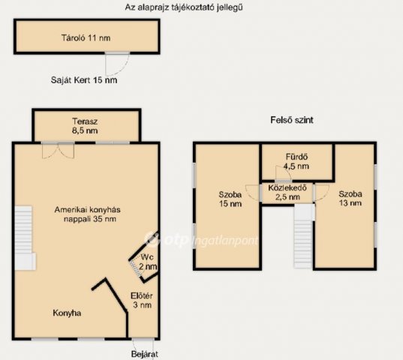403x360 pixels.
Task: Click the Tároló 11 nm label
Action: click(86, 38)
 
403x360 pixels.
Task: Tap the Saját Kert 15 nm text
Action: click(84, 80)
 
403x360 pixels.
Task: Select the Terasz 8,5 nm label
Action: click(85, 126)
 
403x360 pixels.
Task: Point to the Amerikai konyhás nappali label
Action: click(88, 214)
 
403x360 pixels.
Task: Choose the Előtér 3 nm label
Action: click(142, 301)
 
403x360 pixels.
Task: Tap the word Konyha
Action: click(67, 313)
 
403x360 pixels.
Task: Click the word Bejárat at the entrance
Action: click(144, 354)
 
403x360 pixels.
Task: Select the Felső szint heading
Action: click(292, 120)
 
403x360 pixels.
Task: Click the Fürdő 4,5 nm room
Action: click(297, 162)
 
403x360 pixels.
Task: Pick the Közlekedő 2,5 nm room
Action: click(287, 193)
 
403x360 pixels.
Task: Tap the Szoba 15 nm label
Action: click(230, 199)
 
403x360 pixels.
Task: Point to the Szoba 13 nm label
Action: click(350, 198)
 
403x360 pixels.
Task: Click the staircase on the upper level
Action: click(303, 236)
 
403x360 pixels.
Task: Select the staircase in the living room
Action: click(24, 238)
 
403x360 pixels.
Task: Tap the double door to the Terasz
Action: click(59, 151)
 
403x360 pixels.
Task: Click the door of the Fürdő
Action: click(283, 173)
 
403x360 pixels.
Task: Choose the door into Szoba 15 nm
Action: click(252, 193)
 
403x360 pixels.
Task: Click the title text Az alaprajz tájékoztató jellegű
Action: click(184, 7)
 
